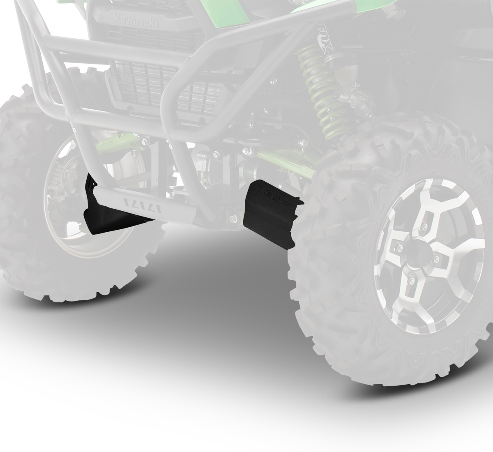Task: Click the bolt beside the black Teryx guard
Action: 233,217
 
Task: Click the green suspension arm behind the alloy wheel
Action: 288,162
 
